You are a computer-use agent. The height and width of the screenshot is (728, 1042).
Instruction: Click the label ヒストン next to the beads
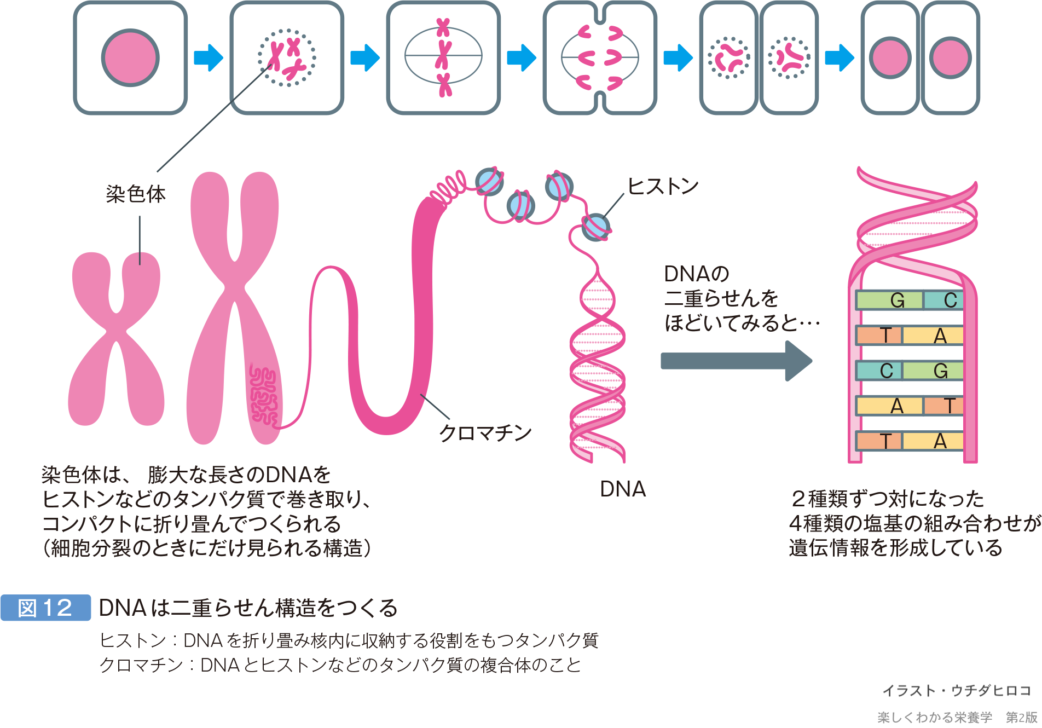(x=663, y=187)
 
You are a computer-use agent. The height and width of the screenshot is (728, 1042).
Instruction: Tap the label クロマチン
(x=485, y=433)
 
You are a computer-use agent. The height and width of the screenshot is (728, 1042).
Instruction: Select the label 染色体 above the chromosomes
(x=136, y=194)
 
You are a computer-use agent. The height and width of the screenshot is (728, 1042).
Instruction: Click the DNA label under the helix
(x=623, y=489)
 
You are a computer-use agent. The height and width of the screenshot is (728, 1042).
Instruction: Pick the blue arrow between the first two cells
(x=209, y=57)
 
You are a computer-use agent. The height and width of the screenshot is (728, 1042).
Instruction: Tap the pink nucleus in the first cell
(x=130, y=57)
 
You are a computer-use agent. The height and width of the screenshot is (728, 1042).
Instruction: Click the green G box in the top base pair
(x=890, y=301)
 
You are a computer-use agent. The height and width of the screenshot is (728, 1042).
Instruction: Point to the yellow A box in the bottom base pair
(x=933, y=441)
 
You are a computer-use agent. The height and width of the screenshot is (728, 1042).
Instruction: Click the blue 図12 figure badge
(x=45, y=608)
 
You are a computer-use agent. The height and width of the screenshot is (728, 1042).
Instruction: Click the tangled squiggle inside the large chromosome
(x=263, y=394)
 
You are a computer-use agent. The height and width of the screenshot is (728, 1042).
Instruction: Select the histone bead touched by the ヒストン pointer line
(x=595, y=227)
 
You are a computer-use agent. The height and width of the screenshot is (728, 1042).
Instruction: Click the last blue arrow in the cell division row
(x=839, y=57)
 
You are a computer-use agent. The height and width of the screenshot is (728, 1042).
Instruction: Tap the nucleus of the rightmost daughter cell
(x=950, y=57)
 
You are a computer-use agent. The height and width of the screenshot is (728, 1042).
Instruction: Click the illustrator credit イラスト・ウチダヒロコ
(x=957, y=691)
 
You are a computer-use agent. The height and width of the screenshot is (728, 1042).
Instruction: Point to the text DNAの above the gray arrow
(x=696, y=274)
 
